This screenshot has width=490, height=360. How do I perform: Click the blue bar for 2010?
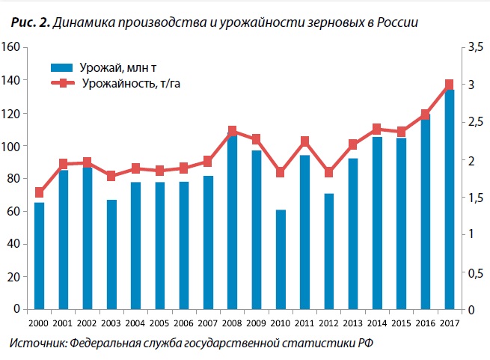click(281, 259)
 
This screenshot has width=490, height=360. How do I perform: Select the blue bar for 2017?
click(450, 198)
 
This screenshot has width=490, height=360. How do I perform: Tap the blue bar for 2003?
click(111, 254)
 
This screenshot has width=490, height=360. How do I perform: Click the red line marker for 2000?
click(40, 192)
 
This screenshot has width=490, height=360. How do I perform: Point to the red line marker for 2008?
click(232, 132)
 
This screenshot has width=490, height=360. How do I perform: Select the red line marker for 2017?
click(450, 85)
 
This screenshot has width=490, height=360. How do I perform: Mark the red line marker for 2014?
click(377, 129)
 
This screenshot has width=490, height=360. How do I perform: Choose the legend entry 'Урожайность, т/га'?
click(127, 84)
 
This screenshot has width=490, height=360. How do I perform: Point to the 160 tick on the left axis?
click(10, 47)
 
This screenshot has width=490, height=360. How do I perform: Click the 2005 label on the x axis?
click(159, 323)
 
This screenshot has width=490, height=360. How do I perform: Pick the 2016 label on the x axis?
click(426, 323)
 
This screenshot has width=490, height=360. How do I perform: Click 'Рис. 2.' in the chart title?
click(31, 23)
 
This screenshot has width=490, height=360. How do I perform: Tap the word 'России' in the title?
click(396, 23)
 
